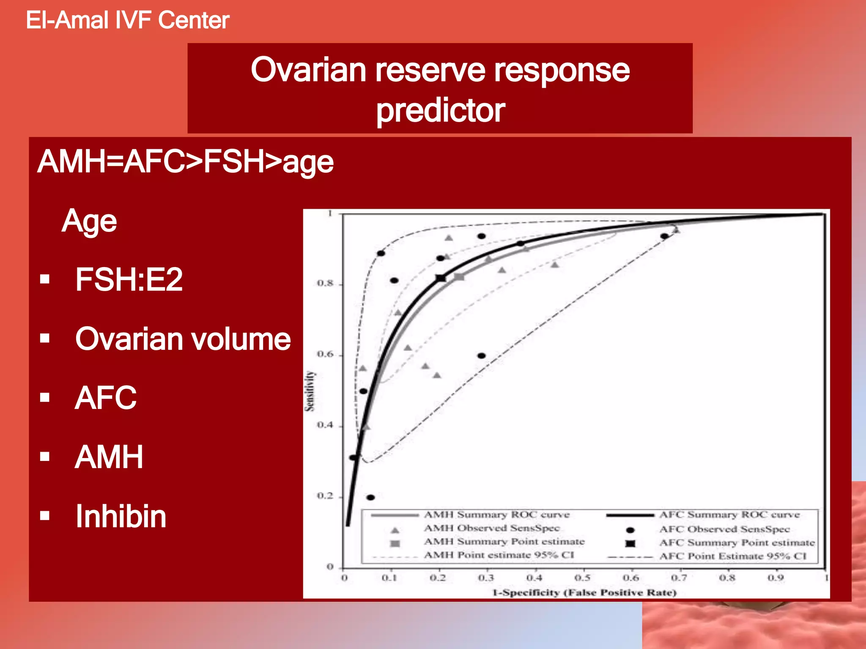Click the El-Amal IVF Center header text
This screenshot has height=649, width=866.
(x=127, y=20)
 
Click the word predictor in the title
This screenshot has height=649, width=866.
(x=440, y=111)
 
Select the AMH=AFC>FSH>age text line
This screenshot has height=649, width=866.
(x=185, y=162)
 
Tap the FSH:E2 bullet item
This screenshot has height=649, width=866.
(x=129, y=279)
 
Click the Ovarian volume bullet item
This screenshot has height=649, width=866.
(x=183, y=339)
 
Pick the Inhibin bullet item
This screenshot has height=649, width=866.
(x=121, y=516)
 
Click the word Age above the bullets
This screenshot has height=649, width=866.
(x=89, y=221)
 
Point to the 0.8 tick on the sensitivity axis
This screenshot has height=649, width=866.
(x=325, y=283)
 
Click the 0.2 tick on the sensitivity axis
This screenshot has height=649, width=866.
(x=325, y=496)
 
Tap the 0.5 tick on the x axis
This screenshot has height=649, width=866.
(x=582, y=578)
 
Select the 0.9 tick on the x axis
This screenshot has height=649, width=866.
(x=776, y=578)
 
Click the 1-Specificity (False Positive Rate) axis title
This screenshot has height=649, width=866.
(x=584, y=592)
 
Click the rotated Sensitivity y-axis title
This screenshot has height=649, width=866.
(x=310, y=391)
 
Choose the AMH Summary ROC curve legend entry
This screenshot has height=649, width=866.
(x=496, y=515)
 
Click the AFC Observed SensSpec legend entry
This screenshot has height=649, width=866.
(x=724, y=529)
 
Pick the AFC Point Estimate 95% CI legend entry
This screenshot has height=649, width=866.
(x=732, y=556)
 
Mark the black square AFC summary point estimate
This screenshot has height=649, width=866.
(x=441, y=278)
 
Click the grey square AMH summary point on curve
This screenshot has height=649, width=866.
(x=459, y=277)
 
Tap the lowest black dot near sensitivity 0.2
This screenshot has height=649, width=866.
(x=370, y=497)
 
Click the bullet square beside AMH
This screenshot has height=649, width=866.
(x=45, y=456)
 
